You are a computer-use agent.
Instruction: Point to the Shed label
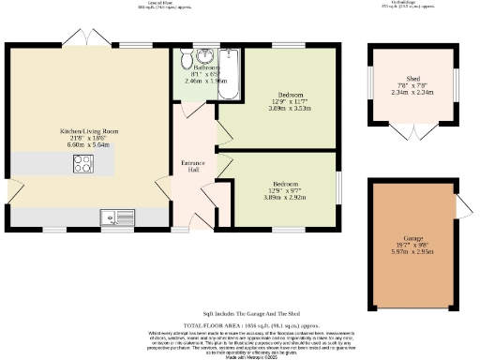click(x=412, y=79)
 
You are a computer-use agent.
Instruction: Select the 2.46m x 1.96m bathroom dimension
click(x=205, y=82)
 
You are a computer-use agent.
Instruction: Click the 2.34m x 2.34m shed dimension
click(x=412, y=93)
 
